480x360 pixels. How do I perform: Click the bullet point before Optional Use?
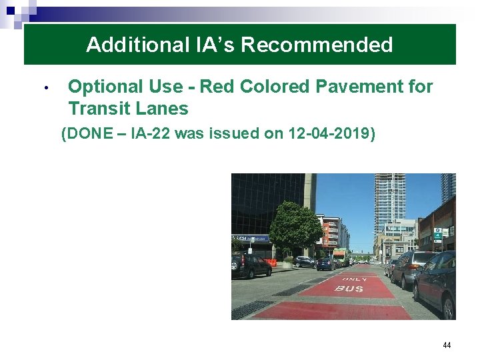click(46, 88)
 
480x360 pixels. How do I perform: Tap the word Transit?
click(102, 108)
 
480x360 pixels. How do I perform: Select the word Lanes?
click(164, 108)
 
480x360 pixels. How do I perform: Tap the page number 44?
click(447, 345)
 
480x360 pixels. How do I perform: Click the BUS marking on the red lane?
click(349, 288)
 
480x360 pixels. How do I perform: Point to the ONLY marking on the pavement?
click(354, 279)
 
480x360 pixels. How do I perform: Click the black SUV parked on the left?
click(251, 265)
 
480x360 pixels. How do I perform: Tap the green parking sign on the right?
click(437, 235)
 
